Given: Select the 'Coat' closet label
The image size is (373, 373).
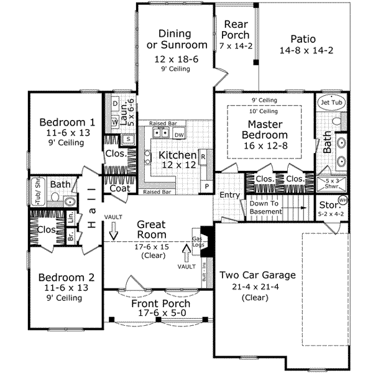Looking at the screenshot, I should click(x=119, y=188).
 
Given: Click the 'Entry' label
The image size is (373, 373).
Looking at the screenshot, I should click(x=230, y=195).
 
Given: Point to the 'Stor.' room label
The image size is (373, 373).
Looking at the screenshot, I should click(x=329, y=205).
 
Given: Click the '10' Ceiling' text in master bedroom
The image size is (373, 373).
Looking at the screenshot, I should click(x=264, y=111).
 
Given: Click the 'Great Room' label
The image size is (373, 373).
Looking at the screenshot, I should click(x=152, y=229).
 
